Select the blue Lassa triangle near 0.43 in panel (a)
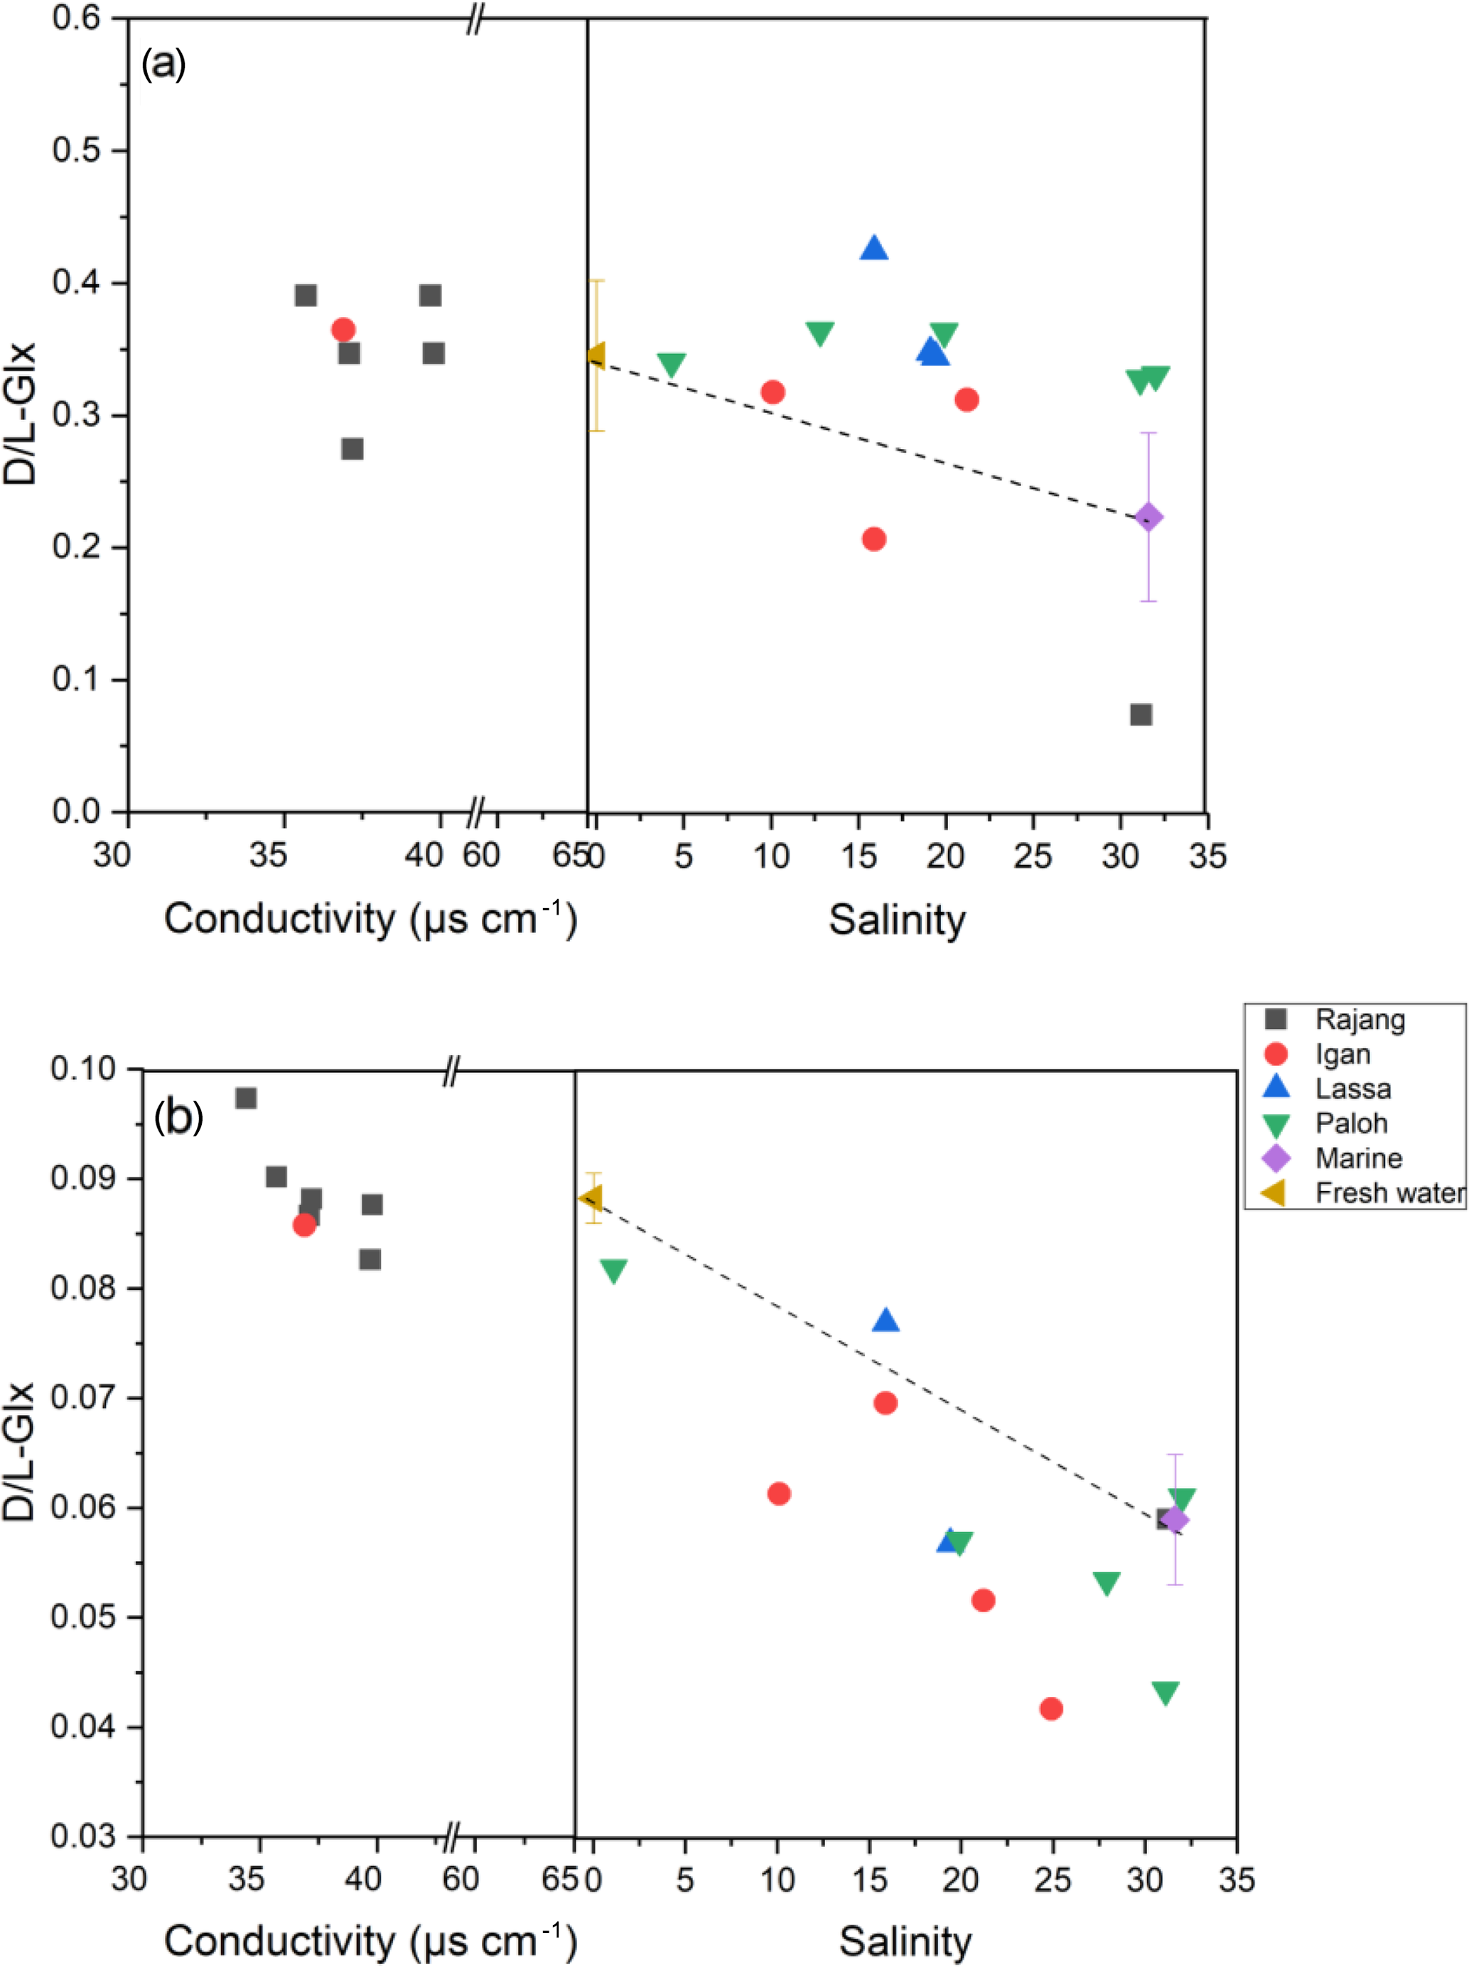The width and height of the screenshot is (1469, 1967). point(874,248)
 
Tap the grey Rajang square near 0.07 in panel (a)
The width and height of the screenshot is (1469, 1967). point(1141,714)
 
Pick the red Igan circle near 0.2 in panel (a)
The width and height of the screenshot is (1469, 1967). point(874,539)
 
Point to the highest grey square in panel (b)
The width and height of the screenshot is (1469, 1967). point(247,1098)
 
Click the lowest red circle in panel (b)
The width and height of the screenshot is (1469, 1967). point(1051,1708)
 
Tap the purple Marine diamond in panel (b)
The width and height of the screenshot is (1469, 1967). point(1175,1521)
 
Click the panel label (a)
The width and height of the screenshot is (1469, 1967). point(163,64)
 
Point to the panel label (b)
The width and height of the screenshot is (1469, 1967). point(178,1117)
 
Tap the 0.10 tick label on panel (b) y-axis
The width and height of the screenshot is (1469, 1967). point(84,1068)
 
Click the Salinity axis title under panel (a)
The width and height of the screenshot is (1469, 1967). point(896,920)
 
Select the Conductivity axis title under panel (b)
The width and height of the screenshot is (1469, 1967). point(370,1939)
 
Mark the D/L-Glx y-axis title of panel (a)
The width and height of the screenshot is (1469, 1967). point(20,413)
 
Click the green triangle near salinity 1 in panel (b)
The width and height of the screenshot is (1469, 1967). point(613,1271)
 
